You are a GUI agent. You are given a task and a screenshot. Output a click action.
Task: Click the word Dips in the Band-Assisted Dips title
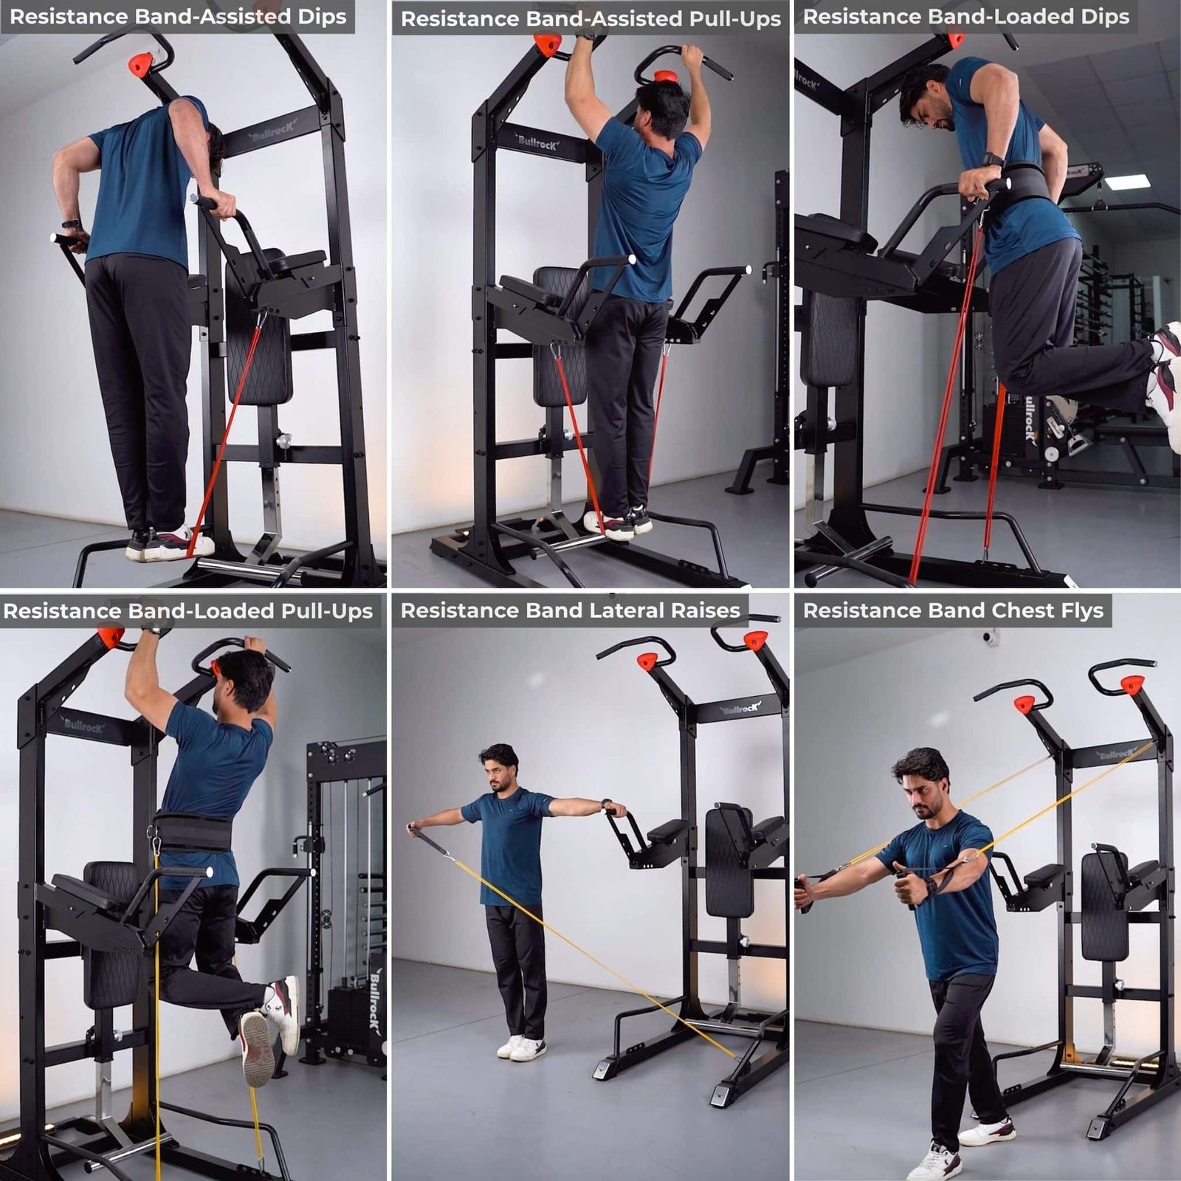(319, 17)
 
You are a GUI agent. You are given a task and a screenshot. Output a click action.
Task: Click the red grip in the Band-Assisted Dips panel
(140, 64)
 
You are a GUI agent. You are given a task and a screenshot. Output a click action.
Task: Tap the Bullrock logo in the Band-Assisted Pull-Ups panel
(537, 142)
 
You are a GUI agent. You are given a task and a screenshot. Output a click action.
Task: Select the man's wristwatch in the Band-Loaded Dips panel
(993, 160)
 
